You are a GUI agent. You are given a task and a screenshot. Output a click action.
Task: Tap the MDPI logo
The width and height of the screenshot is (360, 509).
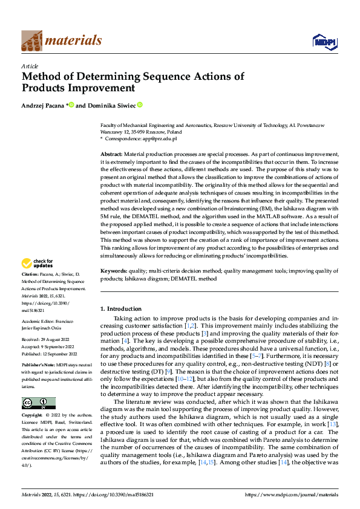324,41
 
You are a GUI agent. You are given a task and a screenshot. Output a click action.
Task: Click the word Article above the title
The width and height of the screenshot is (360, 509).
30,66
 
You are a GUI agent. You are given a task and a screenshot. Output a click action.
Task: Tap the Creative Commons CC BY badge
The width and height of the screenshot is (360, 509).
38,403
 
